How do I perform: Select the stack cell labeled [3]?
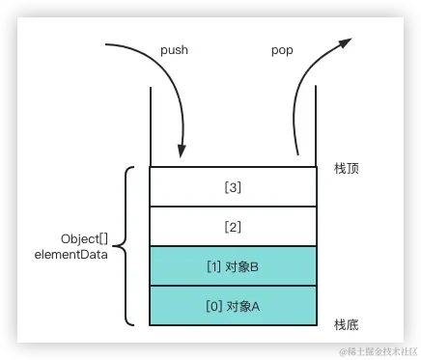(x=233, y=186)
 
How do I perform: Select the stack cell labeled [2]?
(x=233, y=227)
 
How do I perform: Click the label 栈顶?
(x=346, y=168)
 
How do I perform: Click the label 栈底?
(x=346, y=323)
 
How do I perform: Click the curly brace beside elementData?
(x=127, y=246)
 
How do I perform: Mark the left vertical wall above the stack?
(x=150, y=125)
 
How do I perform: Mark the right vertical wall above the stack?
(x=317, y=125)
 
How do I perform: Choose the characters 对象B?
(x=243, y=266)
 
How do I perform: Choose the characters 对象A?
(x=243, y=306)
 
